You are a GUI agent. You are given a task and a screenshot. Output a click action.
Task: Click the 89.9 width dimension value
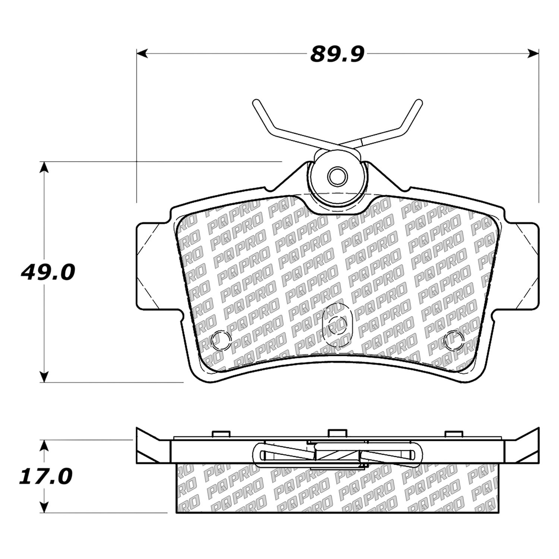[x=337, y=55]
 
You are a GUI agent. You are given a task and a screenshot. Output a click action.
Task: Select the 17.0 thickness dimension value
[x=46, y=477]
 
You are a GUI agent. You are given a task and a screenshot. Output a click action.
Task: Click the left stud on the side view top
[x=220, y=434]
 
